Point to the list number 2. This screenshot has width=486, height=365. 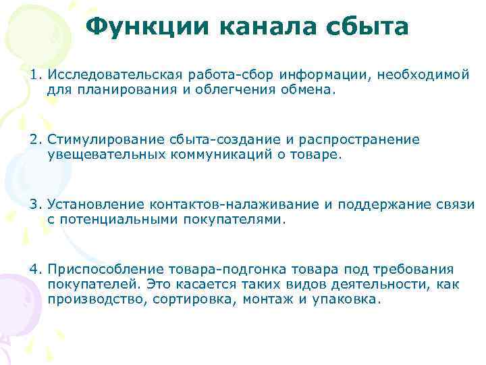tap(34, 140)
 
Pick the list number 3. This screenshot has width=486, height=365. tap(34, 205)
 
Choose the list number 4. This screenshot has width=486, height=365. tap(34, 270)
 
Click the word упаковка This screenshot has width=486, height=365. tap(347, 299)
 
